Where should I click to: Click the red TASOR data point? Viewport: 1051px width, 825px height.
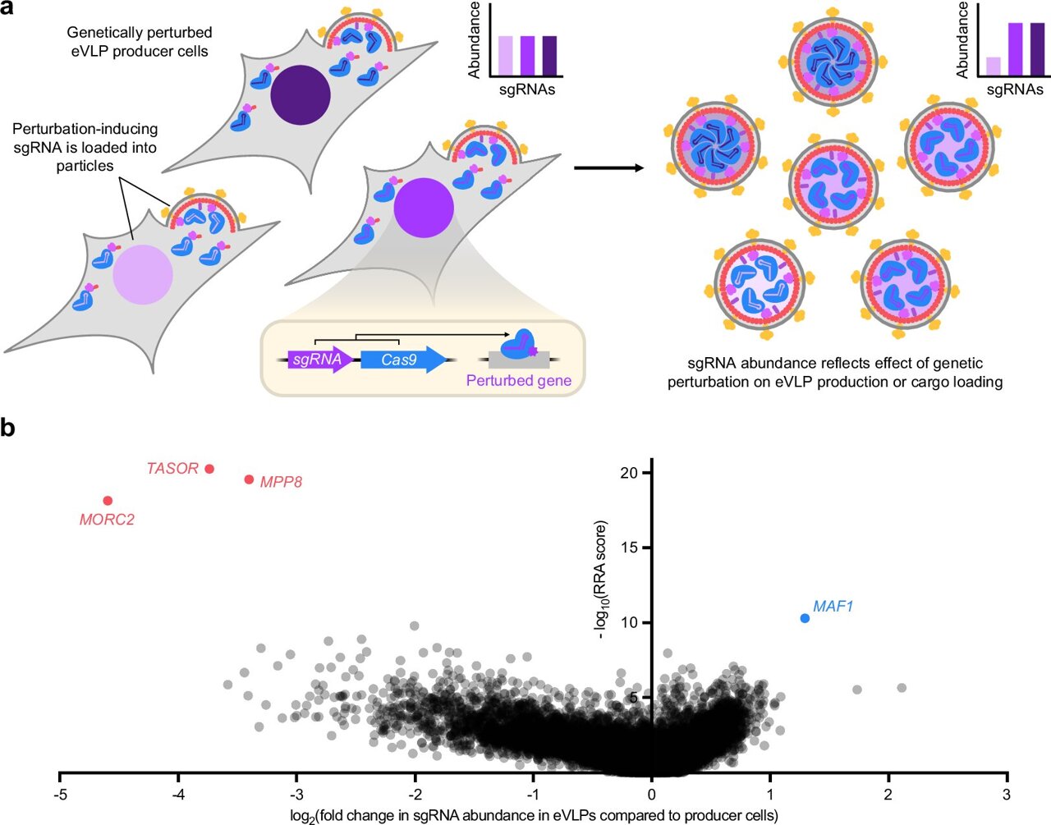tap(209, 469)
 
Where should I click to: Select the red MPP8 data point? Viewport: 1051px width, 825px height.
tap(250, 479)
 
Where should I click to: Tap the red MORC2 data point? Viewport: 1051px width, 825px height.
tap(108, 501)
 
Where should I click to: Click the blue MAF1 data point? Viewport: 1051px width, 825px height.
tap(805, 618)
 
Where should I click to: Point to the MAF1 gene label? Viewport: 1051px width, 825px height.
tap(833, 607)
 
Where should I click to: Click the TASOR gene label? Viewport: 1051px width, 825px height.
tap(172, 469)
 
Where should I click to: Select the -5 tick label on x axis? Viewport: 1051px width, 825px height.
tap(59, 795)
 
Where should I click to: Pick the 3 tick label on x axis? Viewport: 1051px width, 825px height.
tap(1007, 795)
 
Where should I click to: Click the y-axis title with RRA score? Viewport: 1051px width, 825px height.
tap(603, 580)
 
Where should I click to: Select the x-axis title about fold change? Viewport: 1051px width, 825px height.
tap(534, 816)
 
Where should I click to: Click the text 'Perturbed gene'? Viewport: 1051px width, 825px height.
tap(518, 381)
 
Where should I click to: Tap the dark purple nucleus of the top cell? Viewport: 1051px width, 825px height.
tap(301, 95)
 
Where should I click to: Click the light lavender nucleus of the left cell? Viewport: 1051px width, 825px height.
tap(143, 274)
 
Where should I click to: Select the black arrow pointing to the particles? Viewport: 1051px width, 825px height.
tap(608, 168)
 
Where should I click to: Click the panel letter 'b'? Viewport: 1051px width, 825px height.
tap(9, 428)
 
